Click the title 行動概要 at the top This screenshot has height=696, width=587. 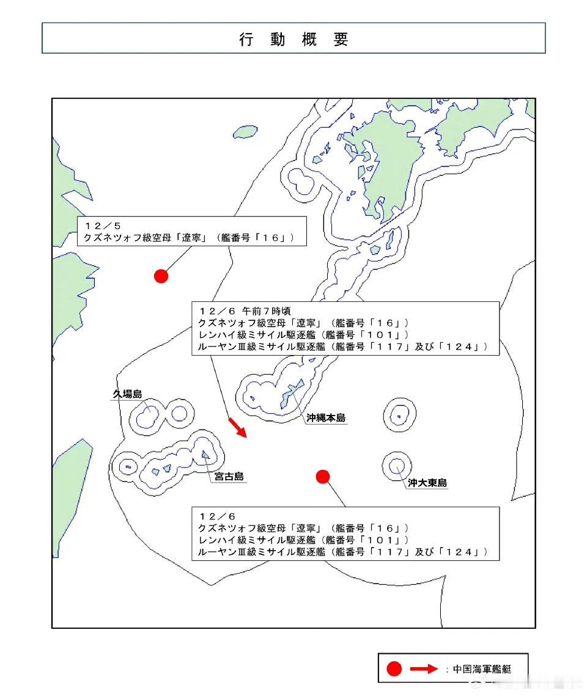(293, 40)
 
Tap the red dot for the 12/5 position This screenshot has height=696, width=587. (161, 276)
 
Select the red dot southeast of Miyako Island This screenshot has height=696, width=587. (323, 477)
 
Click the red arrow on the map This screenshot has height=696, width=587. (237, 427)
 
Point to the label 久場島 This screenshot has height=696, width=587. (127, 394)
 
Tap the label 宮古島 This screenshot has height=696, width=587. (230, 476)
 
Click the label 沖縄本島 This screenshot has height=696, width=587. (326, 418)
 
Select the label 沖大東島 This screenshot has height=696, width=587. (427, 483)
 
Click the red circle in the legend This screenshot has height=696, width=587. (394, 669)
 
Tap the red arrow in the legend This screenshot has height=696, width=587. (424, 669)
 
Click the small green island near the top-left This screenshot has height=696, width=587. (246, 131)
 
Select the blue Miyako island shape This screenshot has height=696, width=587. (205, 453)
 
